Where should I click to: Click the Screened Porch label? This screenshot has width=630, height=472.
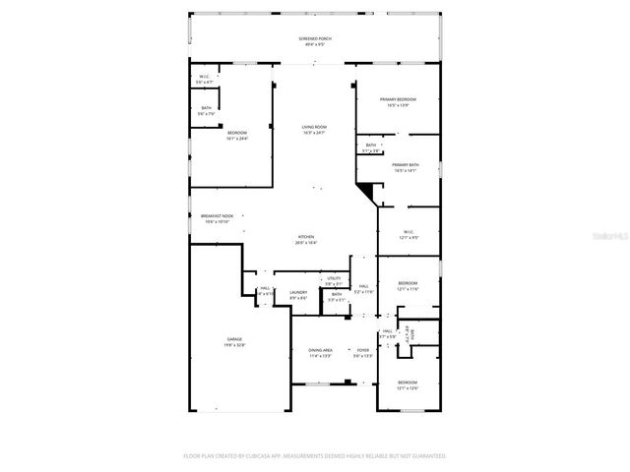click(x=315, y=40)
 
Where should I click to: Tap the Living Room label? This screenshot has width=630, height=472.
click(x=313, y=129)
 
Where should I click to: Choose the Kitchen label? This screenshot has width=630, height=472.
click(x=307, y=239)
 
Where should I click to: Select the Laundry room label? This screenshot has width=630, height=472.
click(x=298, y=293)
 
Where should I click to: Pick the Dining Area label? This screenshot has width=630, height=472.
click(x=320, y=351)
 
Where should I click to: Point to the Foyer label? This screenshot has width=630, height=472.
click(x=363, y=351)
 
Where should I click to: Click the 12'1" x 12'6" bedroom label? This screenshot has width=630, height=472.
click(x=408, y=383)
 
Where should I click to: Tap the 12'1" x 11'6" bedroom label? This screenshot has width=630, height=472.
click(x=408, y=285)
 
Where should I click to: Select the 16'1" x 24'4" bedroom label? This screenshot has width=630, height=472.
click(x=237, y=135)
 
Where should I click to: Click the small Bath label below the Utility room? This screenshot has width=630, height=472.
click(x=336, y=296)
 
